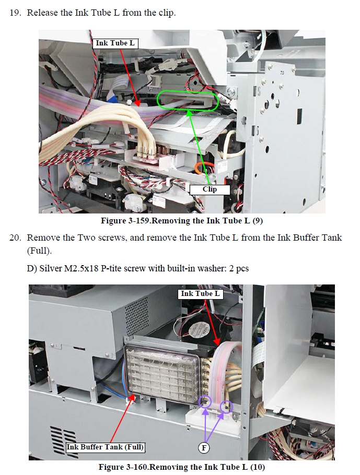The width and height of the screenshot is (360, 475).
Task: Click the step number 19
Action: click(x=15, y=13)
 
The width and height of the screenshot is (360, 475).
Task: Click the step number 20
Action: click(x=15, y=238)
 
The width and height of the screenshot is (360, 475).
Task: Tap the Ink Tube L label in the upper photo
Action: click(x=115, y=43)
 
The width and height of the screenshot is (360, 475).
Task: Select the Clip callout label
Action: click(x=210, y=189)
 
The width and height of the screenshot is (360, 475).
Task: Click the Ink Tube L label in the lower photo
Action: click(x=200, y=293)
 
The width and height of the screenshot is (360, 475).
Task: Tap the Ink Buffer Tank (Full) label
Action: click(x=105, y=447)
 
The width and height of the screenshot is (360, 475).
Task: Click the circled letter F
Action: click(x=204, y=448)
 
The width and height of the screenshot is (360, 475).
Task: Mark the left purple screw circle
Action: click(x=205, y=401)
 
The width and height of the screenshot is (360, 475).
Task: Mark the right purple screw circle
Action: click(x=227, y=406)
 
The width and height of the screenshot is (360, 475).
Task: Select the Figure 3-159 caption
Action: click(x=182, y=220)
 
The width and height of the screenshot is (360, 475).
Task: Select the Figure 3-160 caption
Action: click(x=182, y=467)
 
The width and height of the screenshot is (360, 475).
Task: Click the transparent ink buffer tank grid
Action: click(x=164, y=373)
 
